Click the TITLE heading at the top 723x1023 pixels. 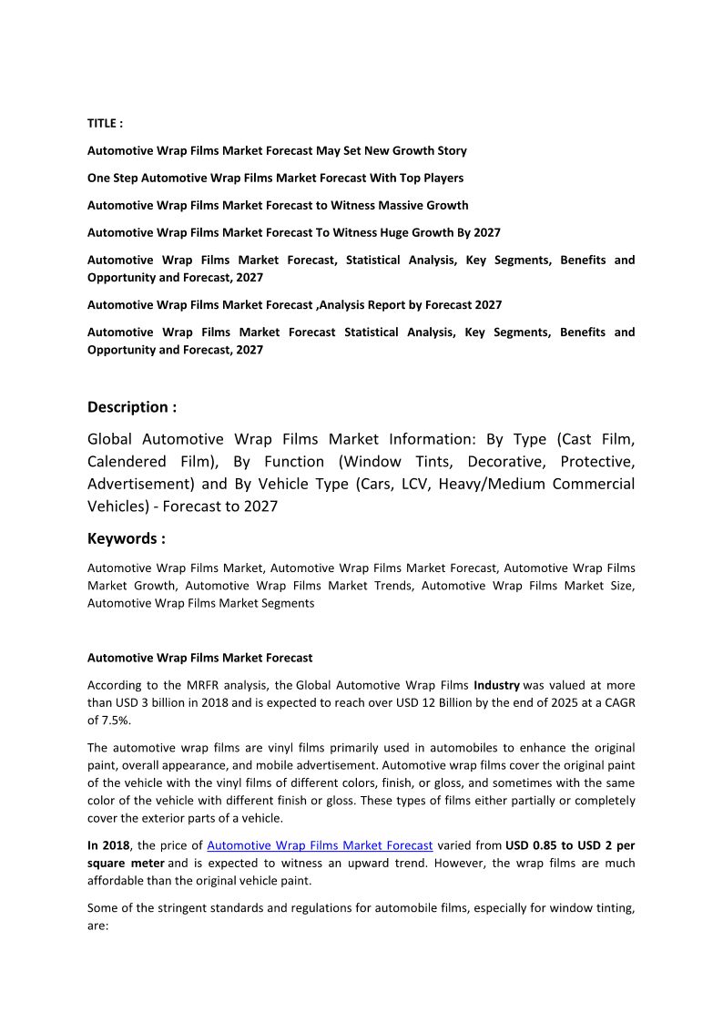[105, 123]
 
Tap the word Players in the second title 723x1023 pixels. [442, 178]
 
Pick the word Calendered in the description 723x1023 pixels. [127, 461]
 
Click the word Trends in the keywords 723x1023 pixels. [393, 586]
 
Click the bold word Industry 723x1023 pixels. [496, 684]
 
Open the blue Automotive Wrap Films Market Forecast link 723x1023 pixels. [320, 844]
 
